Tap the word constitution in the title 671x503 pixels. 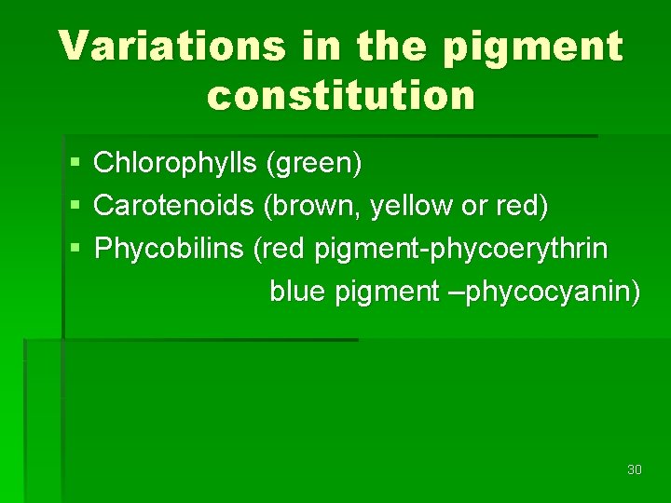341,94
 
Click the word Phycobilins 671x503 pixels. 170,249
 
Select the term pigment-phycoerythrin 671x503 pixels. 461,249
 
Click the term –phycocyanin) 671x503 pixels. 544,292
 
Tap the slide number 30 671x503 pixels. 635,469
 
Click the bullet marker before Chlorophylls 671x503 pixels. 75,164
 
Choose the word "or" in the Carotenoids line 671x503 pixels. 474,206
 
